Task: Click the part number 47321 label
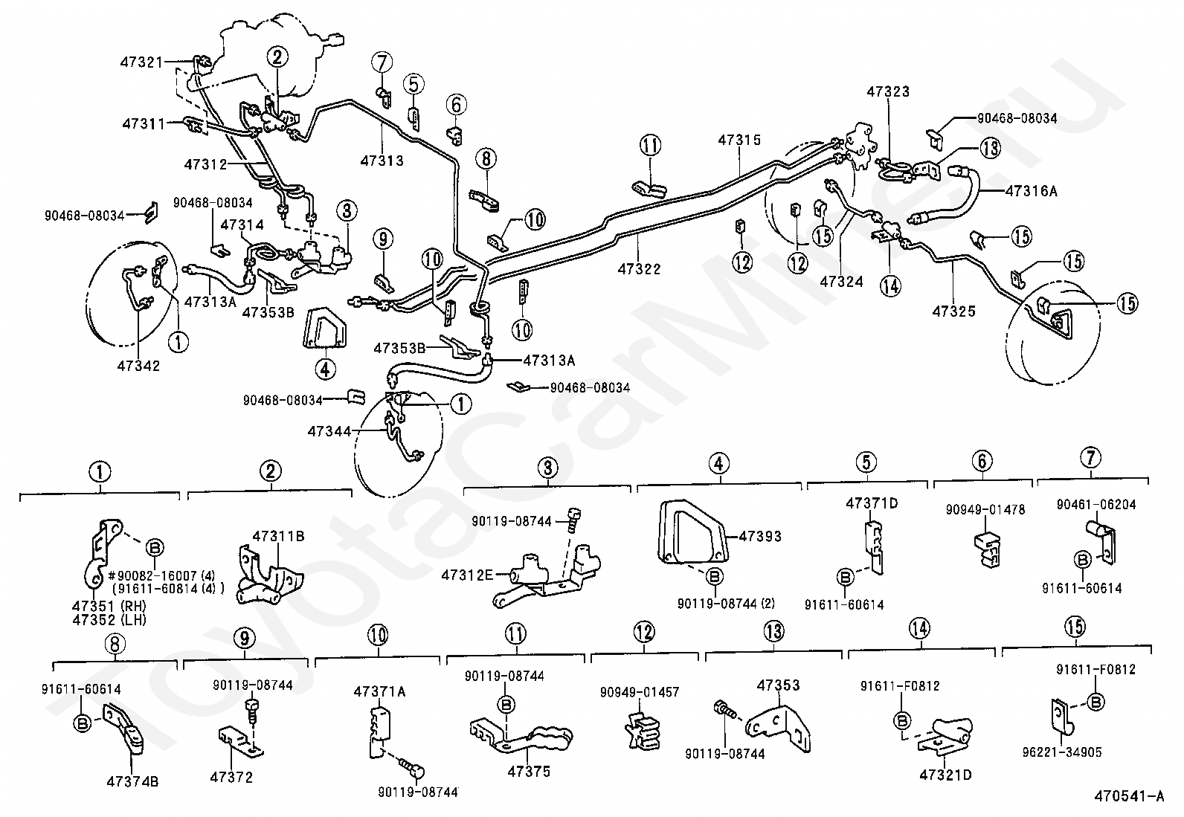click(x=141, y=62)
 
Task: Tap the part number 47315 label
click(x=739, y=140)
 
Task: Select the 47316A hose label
click(x=1031, y=191)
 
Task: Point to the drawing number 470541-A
click(x=1128, y=796)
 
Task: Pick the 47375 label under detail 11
click(x=529, y=772)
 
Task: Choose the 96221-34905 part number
click(x=1062, y=752)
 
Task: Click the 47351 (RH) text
click(x=109, y=606)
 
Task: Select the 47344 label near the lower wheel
click(x=329, y=431)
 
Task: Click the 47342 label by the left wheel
click(x=138, y=366)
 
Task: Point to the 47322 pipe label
click(x=639, y=269)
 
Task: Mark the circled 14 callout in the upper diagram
click(x=890, y=286)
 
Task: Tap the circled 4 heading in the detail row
click(x=718, y=464)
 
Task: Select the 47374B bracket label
click(x=132, y=781)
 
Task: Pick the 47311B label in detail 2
click(x=279, y=536)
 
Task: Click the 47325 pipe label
click(x=953, y=311)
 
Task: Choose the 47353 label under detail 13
click(x=778, y=685)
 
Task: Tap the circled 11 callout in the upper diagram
click(x=650, y=145)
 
